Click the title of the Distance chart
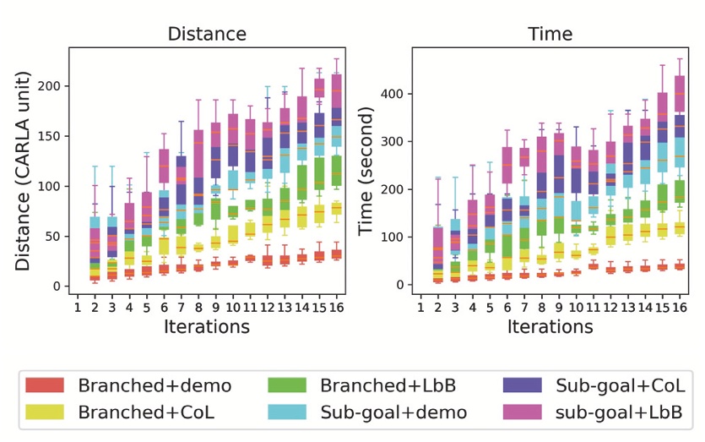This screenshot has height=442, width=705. click(x=207, y=35)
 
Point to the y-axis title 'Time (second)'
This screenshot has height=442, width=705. click(x=366, y=171)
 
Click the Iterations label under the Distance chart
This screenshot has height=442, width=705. click(x=207, y=327)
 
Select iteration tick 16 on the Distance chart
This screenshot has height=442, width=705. click(x=336, y=305)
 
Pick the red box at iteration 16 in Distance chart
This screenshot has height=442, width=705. click(x=336, y=254)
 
